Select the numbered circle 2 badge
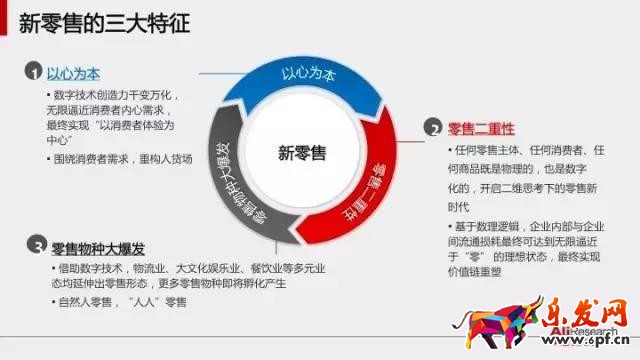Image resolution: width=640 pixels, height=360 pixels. (432, 127)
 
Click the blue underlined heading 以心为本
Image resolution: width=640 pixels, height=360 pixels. (75, 74)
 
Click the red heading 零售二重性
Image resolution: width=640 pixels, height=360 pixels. (482, 128)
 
